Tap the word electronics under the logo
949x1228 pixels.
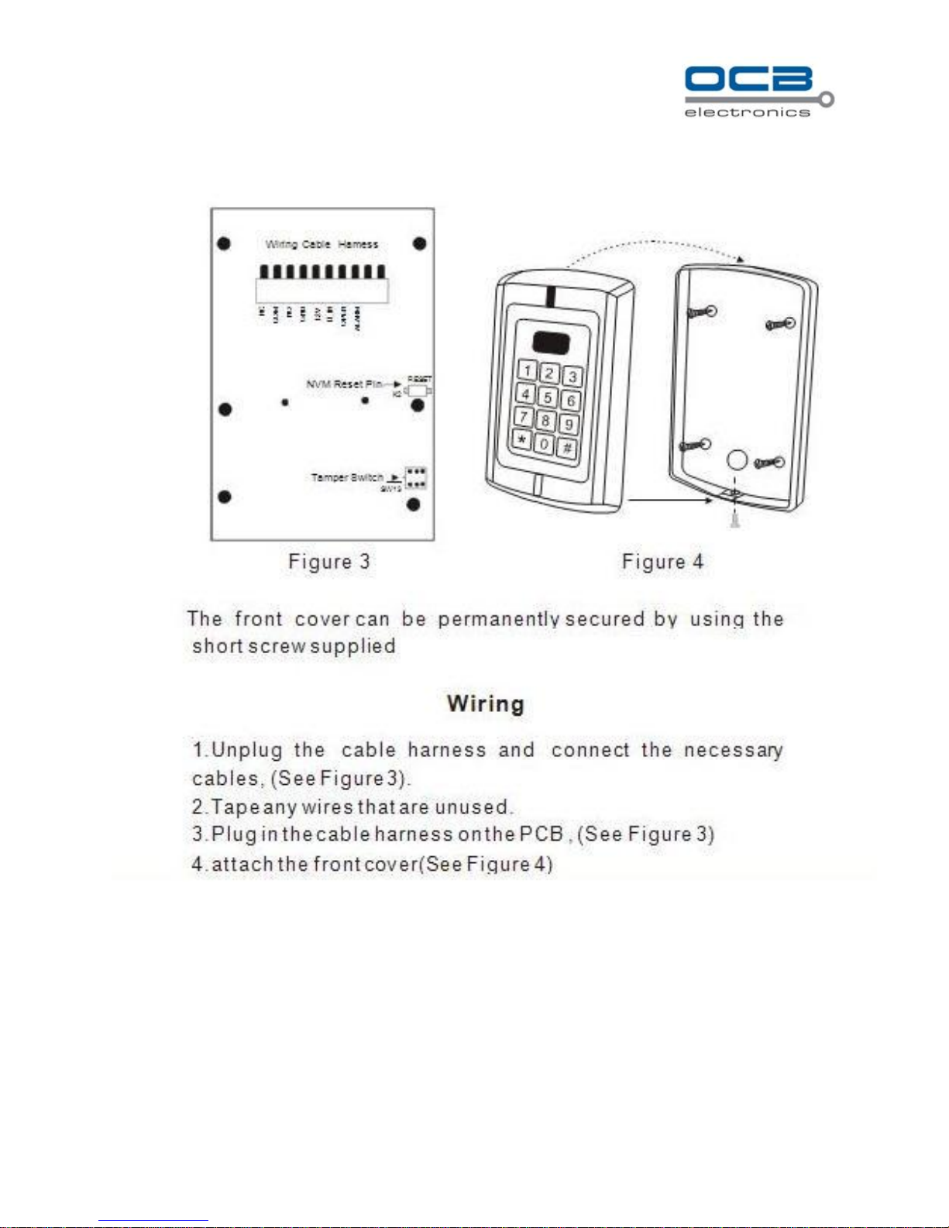point(747,112)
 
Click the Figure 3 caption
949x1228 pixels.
point(329,562)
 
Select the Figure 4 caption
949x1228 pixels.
point(662,562)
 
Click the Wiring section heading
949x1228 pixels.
point(486,704)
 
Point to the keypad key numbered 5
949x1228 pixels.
point(547,397)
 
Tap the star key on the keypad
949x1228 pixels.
point(521,441)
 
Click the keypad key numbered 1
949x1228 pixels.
point(528,370)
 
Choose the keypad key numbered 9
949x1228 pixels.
point(569,424)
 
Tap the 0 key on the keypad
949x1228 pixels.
point(544,445)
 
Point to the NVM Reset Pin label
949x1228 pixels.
point(344,384)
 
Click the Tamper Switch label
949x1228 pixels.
point(347,477)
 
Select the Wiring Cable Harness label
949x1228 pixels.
point(321,244)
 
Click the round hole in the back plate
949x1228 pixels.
point(737,460)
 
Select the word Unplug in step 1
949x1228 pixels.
point(247,750)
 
